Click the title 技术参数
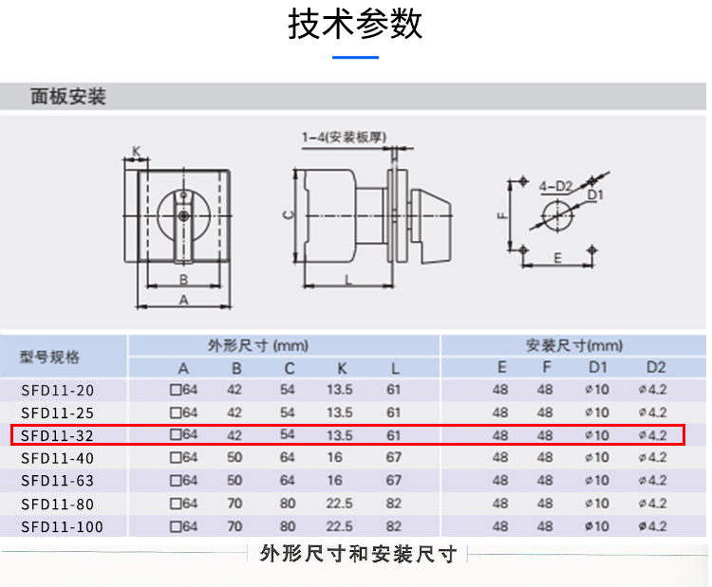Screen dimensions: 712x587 click(355, 26)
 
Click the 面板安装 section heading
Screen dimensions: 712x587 click(68, 98)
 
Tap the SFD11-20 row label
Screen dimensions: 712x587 click(58, 390)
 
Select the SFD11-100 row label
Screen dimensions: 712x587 click(62, 526)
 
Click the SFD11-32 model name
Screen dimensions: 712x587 click(58, 435)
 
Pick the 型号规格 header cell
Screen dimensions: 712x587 click(50, 357)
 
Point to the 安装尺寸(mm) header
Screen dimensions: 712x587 click(574, 346)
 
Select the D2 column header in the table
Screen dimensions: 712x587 click(656, 368)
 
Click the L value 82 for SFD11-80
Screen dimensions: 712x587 click(394, 504)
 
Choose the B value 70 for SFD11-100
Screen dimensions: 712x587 click(234, 526)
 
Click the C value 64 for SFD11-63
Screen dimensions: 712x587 click(288, 481)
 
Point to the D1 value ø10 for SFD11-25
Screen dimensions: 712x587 click(597, 413)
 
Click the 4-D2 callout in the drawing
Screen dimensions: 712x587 click(554, 186)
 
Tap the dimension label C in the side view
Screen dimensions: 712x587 click(286, 214)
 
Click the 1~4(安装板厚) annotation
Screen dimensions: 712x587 click(343, 138)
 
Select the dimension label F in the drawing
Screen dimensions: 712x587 click(501, 216)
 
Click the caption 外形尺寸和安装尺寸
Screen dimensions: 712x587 click(358, 554)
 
